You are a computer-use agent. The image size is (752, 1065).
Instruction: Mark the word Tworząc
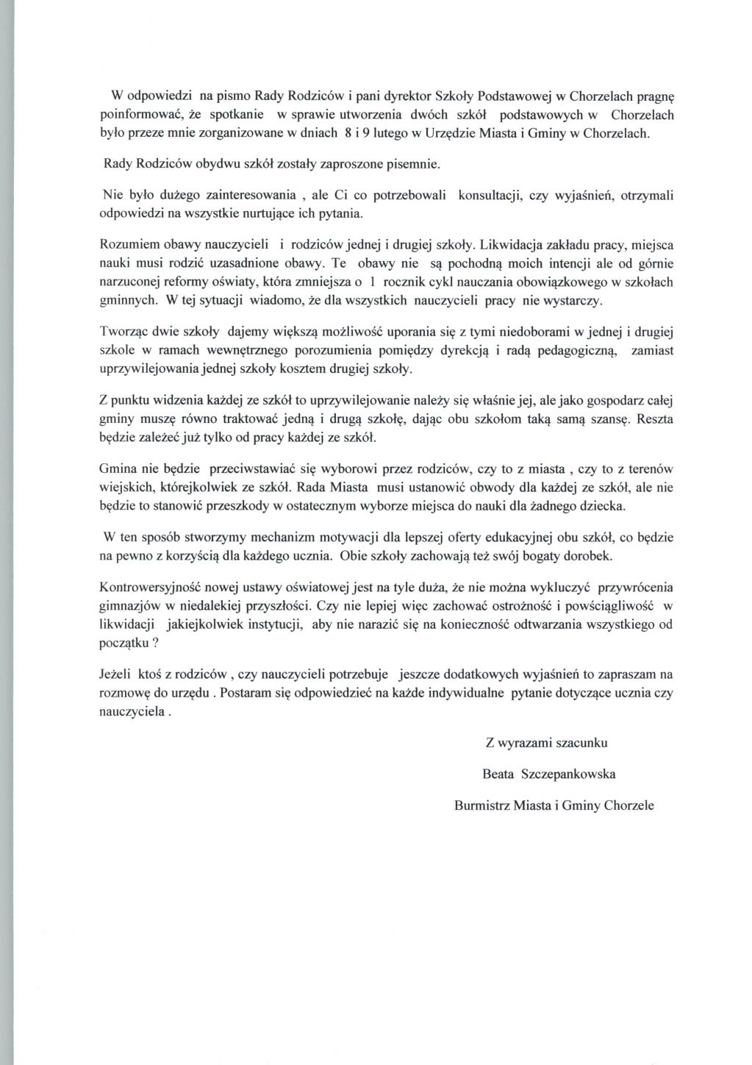click(122, 330)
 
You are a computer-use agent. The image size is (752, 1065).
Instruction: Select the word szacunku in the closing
click(581, 743)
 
